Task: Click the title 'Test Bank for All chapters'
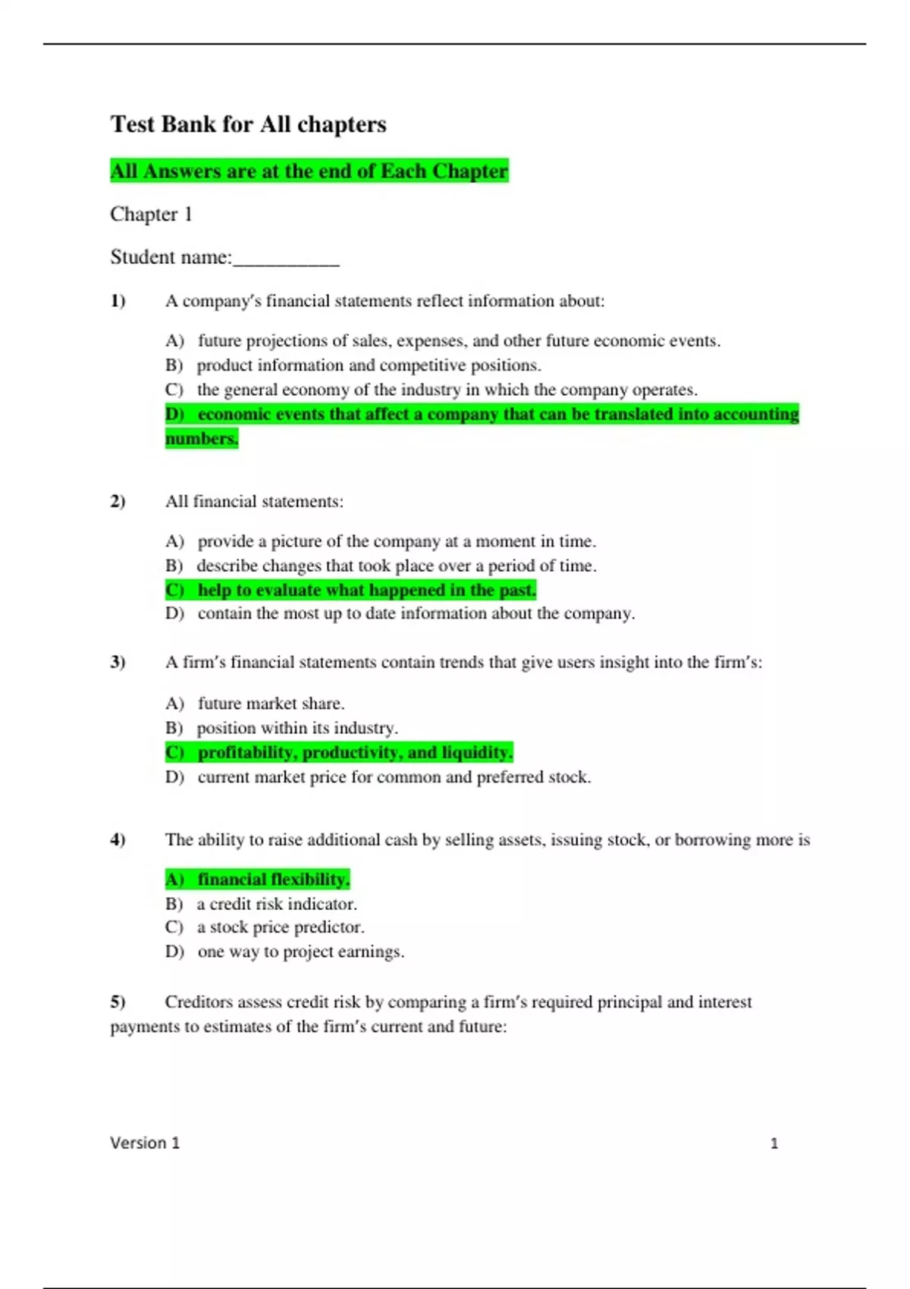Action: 248,124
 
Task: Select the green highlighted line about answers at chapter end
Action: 309,171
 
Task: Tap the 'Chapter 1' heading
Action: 151,215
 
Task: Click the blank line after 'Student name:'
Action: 286,259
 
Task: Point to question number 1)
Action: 118,301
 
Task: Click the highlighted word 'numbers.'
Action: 202,439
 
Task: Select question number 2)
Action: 118,502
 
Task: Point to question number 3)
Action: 118,663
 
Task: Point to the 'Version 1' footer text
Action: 145,1143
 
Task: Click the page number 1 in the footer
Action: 773,1143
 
